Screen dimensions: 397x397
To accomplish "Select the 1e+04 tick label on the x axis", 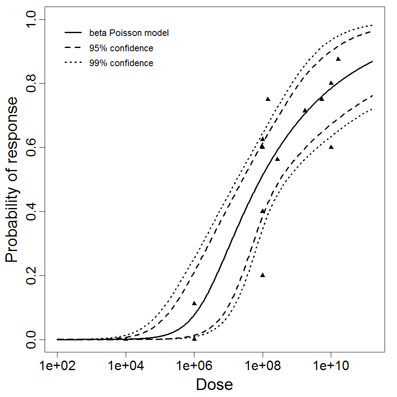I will [126, 366].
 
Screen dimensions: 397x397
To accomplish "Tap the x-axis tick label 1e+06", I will [194, 366].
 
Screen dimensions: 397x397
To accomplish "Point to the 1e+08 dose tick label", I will [263, 366].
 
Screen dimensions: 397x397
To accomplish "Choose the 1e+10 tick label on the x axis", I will [331, 366].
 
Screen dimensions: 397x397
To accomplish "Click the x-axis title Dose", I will [215, 385].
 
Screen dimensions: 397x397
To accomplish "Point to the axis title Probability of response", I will [12, 179].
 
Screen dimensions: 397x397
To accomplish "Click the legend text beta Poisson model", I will [129, 33].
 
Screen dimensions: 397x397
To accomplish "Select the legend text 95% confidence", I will [121, 48].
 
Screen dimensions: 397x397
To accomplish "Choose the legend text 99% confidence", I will [121, 63].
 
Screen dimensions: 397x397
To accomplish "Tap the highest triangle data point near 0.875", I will [338, 59].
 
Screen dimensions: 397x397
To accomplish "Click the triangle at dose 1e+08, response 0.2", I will [263, 275].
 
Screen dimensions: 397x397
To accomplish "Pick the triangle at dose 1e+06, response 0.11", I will [194, 304].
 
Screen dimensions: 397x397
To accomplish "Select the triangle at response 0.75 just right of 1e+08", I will [268, 99].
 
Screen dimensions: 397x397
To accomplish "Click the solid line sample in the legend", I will [73, 33].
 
